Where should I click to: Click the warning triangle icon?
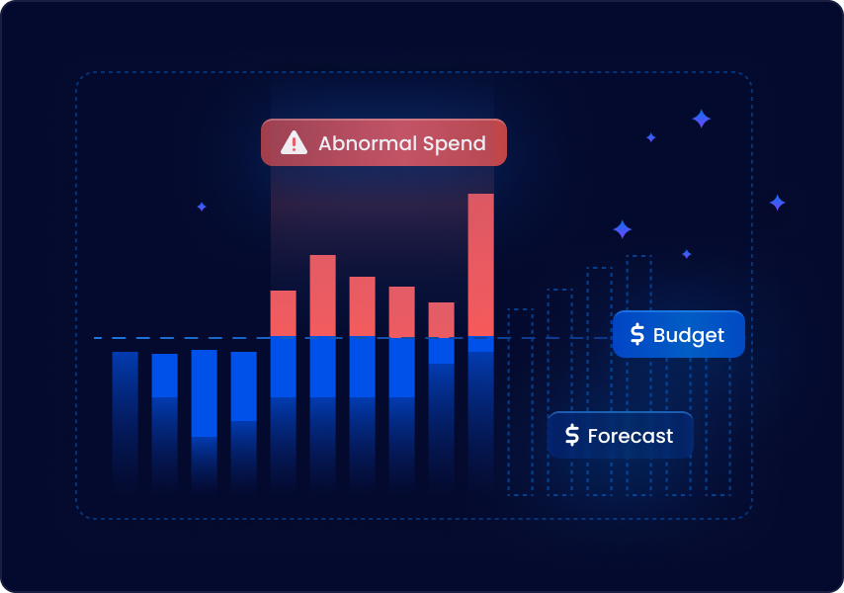294,142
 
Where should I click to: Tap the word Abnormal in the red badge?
368,143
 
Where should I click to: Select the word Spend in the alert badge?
455,144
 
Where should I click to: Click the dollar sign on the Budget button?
637,334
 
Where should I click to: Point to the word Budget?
689,335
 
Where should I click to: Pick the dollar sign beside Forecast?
572,435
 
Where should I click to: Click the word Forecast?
631,436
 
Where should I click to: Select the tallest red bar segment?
480,265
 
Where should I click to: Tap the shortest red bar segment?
442,319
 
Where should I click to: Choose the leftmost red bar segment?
283,313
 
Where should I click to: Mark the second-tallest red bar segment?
323,296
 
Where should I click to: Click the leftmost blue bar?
125,422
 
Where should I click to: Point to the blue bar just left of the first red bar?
244,422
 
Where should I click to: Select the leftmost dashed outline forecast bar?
521,402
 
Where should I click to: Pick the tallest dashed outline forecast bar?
638,376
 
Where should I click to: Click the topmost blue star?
701,119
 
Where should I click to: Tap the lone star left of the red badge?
202,207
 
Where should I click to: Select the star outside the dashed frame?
777,203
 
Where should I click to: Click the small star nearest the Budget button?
686,254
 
